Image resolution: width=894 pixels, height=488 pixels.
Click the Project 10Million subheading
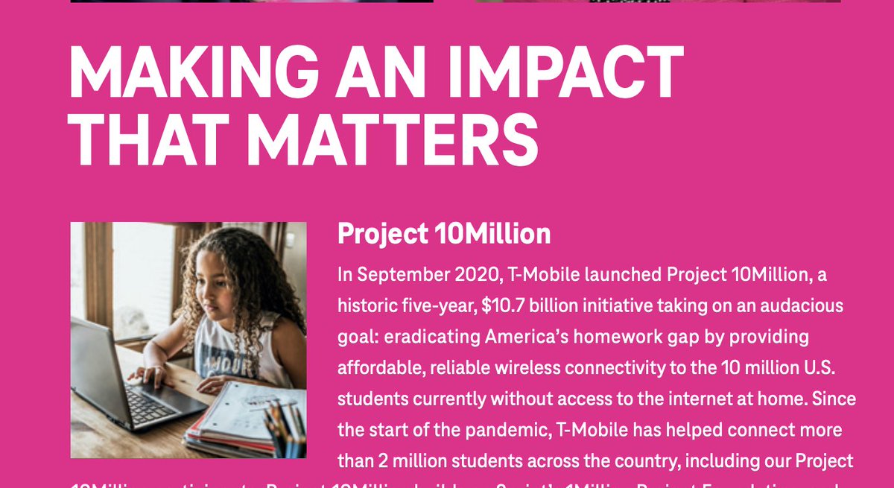tap(444, 234)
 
